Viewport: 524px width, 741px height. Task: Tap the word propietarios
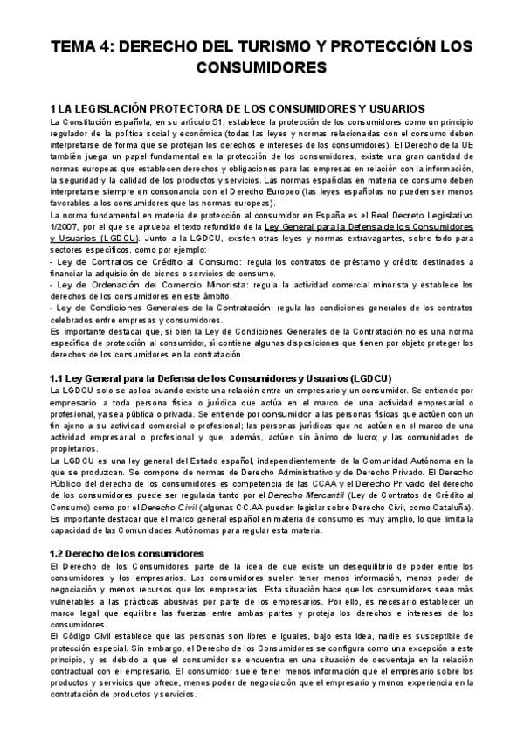click(x=76, y=447)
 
